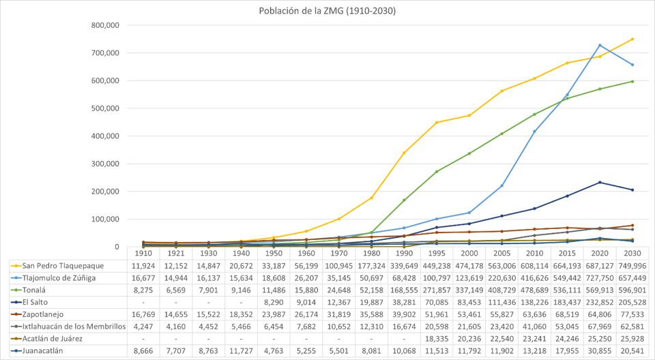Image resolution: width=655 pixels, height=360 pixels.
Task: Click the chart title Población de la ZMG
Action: (x=327, y=11)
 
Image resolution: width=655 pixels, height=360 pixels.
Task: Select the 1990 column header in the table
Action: (x=404, y=253)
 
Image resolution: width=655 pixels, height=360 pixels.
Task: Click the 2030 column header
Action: (x=632, y=253)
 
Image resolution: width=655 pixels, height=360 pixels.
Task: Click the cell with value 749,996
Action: (x=632, y=265)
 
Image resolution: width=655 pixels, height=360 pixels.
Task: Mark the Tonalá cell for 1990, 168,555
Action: (x=404, y=290)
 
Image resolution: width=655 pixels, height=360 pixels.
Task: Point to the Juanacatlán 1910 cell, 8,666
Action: (x=143, y=351)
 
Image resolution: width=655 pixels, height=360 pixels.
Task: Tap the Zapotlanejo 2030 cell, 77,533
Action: (x=632, y=314)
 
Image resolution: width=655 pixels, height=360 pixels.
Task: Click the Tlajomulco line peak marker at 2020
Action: (x=599, y=45)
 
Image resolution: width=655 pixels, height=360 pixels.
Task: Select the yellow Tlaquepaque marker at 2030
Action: (x=632, y=39)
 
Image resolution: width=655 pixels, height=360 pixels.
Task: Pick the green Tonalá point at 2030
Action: (x=632, y=81)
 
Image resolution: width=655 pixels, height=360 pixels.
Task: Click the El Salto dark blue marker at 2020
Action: (x=599, y=182)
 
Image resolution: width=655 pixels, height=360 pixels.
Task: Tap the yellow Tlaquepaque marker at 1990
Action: (x=404, y=153)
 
